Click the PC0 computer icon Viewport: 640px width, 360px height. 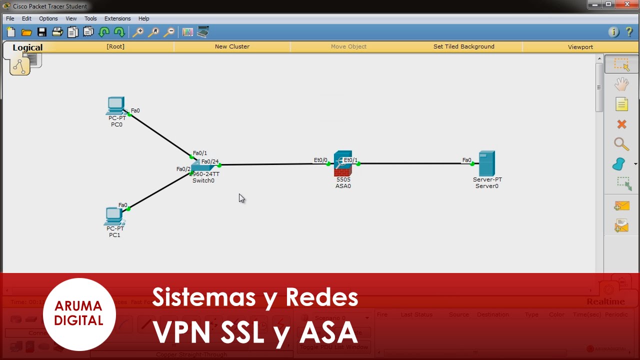[116, 105]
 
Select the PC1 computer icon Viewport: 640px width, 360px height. [114, 215]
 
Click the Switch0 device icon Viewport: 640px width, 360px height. [202, 166]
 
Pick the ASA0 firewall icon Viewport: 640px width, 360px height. [343, 162]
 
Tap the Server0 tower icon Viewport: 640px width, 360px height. [486, 163]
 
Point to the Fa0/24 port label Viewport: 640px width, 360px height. [210, 161]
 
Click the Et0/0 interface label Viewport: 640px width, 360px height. [320, 160]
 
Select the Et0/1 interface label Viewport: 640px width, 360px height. [350, 160]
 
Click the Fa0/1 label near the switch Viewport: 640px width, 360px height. [200, 153]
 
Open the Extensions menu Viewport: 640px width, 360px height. [117, 18]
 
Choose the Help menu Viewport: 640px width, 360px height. [143, 18]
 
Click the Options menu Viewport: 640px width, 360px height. [48, 18]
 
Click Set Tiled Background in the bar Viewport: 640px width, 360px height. [463, 46]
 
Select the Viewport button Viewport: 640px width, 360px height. [580, 47]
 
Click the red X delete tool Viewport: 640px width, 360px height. [621, 124]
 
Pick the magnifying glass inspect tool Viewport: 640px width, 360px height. [621, 144]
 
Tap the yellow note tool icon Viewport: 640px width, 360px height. [621, 104]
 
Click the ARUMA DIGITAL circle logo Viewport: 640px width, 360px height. [78, 313]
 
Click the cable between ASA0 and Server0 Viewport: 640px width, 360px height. [415, 163]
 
